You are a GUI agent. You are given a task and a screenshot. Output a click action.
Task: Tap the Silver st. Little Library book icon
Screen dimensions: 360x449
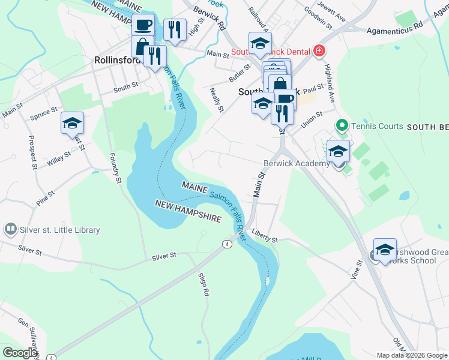point(10,229)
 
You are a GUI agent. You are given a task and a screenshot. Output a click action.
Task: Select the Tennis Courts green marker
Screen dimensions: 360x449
point(342,125)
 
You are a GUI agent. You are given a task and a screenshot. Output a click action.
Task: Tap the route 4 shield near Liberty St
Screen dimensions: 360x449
point(226,244)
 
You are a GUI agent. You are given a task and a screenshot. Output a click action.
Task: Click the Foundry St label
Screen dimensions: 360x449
point(115,167)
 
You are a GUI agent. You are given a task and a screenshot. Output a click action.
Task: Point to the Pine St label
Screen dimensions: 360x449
point(45,198)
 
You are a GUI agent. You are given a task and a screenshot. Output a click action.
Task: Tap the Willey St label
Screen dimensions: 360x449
point(59,159)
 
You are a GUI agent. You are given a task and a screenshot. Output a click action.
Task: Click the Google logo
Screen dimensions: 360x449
point(20,353)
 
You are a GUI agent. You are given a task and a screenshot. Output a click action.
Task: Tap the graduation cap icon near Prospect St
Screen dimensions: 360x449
point(72,123)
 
